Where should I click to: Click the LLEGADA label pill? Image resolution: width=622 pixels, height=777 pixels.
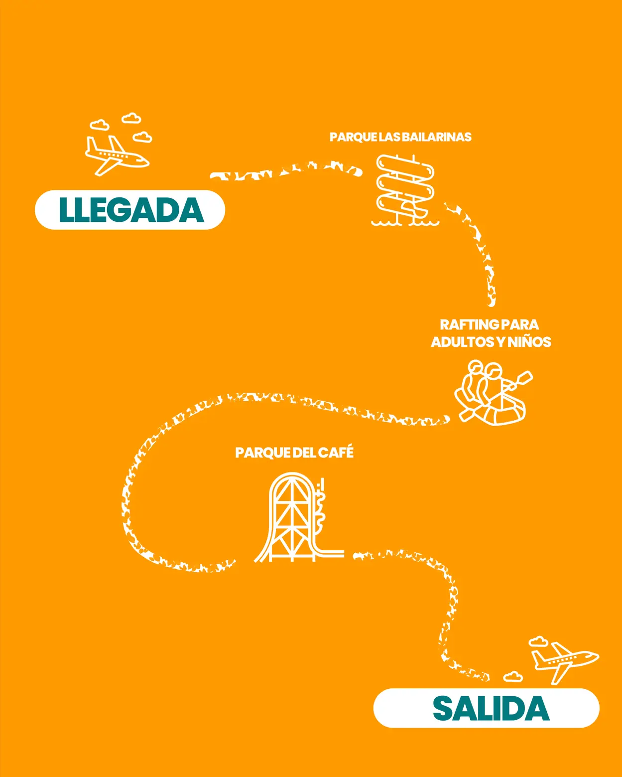click(x=130, y=210)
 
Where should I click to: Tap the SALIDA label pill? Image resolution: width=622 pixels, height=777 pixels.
click(x=486, y=708)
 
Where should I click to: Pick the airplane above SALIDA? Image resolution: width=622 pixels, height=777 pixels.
click(x=565, y=661)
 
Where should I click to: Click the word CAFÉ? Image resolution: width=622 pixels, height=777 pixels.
click(x=336, y=452)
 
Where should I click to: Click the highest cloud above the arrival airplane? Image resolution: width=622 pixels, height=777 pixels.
click(x=131, y=118)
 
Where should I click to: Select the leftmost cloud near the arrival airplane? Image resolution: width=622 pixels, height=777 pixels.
click(x=99, y=125)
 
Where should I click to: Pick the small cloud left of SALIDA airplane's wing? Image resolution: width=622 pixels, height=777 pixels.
click(x=513, y=676)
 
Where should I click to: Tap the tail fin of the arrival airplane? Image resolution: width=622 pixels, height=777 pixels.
click(x=91, y=145)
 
